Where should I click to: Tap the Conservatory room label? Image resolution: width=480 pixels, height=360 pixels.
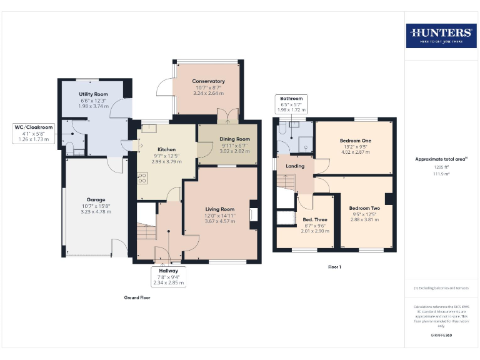208,81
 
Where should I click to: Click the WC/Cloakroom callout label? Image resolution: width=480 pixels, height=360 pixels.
34,127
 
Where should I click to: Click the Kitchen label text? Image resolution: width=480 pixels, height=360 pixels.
166,149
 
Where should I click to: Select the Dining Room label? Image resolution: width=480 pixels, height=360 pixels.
234,139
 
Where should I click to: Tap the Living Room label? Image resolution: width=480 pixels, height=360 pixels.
219,209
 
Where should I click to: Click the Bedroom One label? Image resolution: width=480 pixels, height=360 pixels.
355,141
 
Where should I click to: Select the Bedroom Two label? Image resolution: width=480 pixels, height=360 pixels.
364,208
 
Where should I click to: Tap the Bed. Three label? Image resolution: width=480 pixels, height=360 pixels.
315,219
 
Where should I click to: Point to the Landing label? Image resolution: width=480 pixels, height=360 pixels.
295,166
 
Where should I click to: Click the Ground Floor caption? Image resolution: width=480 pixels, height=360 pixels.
137,297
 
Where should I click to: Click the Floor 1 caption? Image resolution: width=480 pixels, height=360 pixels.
334,267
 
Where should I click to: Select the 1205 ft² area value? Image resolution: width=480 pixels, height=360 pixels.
441,167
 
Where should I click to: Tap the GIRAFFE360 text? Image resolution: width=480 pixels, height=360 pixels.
441,336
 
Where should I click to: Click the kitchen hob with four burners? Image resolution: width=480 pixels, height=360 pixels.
142,177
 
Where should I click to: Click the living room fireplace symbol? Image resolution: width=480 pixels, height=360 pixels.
253,214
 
